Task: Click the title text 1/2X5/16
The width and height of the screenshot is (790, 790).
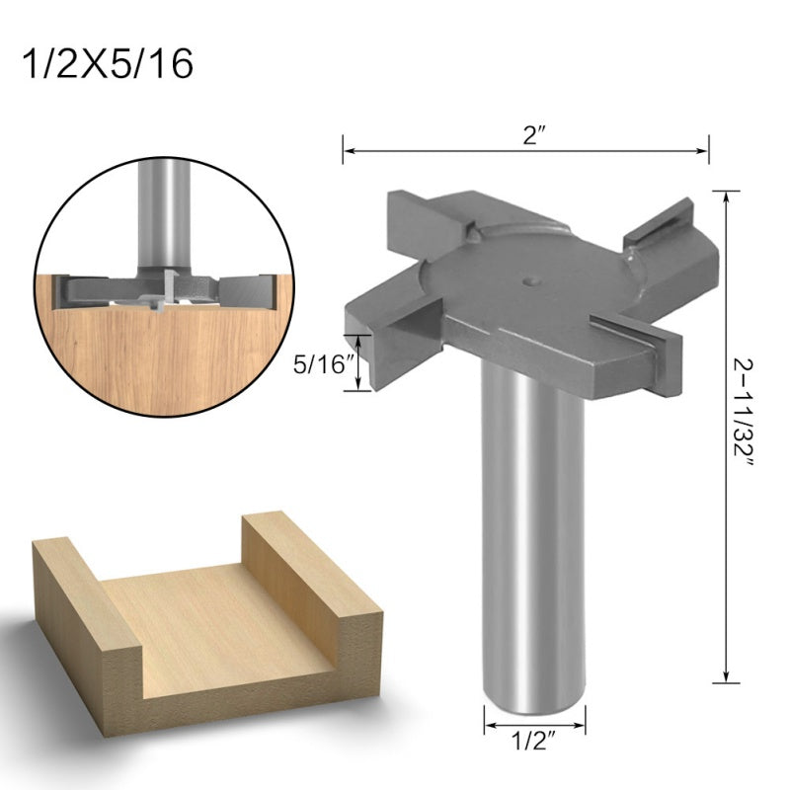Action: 108,62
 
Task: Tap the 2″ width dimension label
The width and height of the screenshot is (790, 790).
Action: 535,136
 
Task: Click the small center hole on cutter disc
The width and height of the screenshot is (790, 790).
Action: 533,280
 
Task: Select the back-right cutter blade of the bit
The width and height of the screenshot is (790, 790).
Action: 662,222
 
